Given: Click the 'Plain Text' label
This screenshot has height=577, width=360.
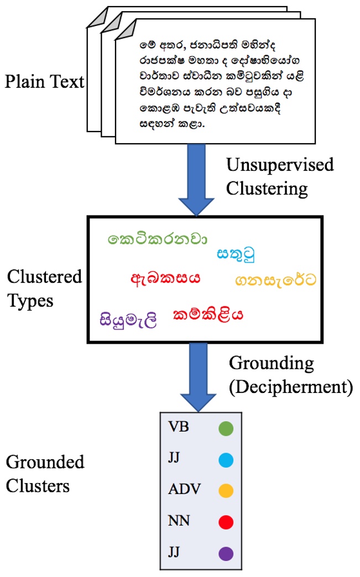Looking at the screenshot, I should click(45, 82).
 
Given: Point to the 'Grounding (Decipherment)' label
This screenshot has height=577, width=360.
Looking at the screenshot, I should click(290, 375).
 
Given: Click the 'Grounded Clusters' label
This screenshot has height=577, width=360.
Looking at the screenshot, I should click(44, 474).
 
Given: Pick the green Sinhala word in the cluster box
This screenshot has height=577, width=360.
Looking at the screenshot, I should click(158, 240).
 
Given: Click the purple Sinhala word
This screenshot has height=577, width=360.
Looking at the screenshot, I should click(129, 319).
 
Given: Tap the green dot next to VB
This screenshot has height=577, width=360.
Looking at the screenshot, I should click(225, 428).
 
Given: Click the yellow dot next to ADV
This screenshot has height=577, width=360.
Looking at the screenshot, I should click(225, 491).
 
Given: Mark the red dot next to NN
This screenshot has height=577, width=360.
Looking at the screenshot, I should click(225, 522).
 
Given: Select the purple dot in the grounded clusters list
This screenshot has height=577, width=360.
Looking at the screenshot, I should click(225, 553).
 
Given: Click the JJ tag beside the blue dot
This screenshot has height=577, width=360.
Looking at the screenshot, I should click(173, 459).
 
